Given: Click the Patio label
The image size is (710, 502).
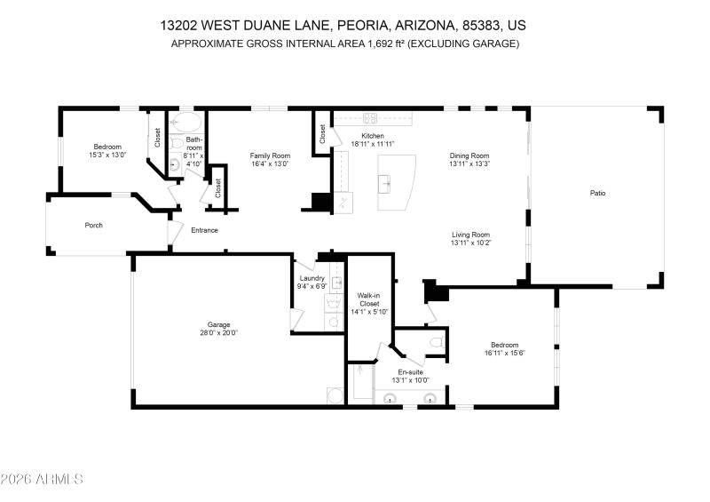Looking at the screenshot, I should coord(598,193).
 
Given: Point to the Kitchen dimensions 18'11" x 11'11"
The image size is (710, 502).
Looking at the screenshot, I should coord(372,144).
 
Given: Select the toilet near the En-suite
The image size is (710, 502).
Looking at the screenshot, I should coord(435,342).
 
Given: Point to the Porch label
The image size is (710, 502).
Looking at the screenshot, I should coord(93,225).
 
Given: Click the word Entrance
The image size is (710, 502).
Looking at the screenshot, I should coord(204,230).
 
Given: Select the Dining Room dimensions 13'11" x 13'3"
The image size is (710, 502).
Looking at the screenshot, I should coord(469,163).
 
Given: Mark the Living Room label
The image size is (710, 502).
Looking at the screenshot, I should coord(470,235).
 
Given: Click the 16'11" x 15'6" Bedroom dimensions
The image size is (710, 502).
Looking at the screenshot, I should coord(505,354).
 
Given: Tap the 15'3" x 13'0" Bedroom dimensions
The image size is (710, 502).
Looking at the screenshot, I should coord(107,155).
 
